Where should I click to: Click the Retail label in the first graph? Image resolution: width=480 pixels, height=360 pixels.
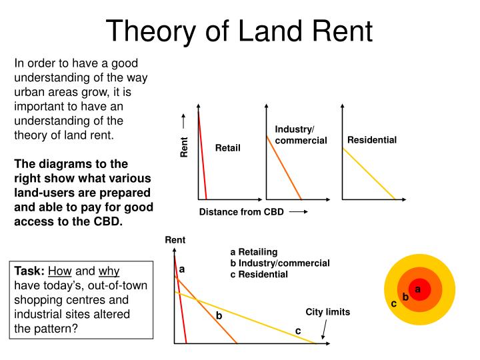pyautogui.click(x=227, y=147)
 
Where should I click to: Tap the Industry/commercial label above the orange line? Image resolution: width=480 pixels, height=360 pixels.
pyautogui.click(x=301, y=135)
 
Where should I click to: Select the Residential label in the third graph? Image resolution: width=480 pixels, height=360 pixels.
pyautogui.click(x=372, y=140)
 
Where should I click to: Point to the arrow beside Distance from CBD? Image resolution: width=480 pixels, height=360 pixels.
pyautogui.click(x=298, y=212)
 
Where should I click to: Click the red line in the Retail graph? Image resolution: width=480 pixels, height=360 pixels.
pyautogui.click(x=203, y=157)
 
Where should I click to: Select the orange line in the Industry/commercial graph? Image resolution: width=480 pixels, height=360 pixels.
pyautogui.click(x=284, y=167)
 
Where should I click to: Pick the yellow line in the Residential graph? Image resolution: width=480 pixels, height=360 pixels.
pyautogui.click(x=369, y=173)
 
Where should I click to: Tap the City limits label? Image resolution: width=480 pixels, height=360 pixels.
pyautogui.click(x=328, y=312)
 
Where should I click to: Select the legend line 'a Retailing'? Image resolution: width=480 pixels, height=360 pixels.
pyautogui.click(x=253, y=252)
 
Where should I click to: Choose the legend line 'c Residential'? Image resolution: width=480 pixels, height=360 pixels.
pyautogui.click(x=259, y=274)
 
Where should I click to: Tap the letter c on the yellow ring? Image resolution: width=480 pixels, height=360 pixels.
pyautogui.click(x=394, y=303)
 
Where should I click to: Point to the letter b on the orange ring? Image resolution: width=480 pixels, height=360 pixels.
pyautogui.click(x=405, y=297)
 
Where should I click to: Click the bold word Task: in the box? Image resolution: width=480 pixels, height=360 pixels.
pyautogui.click(x=29, y=272)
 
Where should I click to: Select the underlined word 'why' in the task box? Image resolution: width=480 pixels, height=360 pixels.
pyautogui.click(x=109, y=272)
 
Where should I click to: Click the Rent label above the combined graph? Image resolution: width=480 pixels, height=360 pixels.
pyautogui.click(x=175, y=240)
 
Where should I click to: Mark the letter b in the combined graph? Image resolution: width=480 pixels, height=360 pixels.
pyautogui.click(x=218, y=315)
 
